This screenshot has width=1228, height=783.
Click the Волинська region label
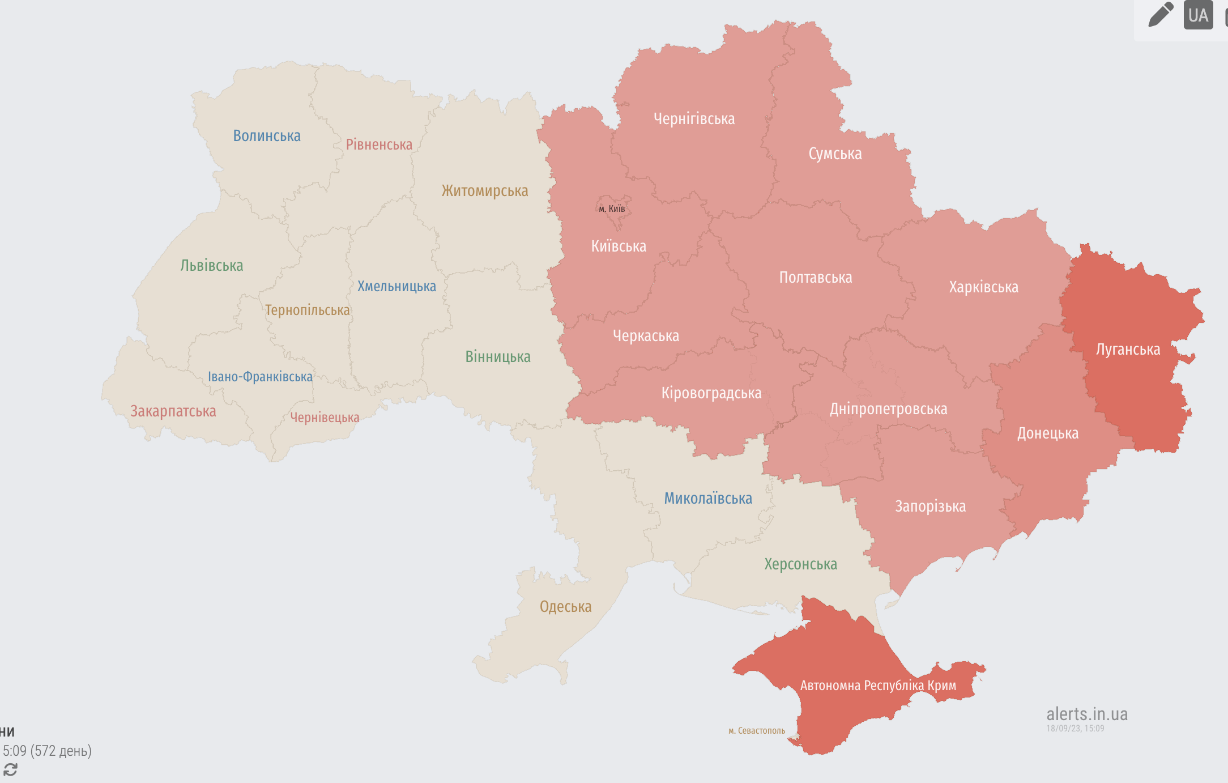pos(267,136)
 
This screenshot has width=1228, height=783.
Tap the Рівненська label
pos(379,145)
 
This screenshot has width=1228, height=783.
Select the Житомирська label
pos(485,191)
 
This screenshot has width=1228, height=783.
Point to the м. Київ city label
pos(612,209)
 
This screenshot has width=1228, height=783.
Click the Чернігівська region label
pos(694,119)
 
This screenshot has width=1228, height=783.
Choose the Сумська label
pos(835,154)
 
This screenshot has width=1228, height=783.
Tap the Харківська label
pos(983,287)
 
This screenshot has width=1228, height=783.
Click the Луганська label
pos(1128,350)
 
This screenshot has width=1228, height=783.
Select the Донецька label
pos(1047,433)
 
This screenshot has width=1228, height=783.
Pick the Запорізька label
pos(930,507)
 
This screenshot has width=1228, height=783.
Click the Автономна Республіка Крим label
pos(878,686)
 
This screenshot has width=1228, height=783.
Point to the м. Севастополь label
pos(757,731)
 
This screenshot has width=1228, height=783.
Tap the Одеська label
pos(565,607)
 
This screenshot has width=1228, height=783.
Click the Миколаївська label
pos(708,499)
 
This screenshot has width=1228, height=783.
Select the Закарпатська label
pos(173,411)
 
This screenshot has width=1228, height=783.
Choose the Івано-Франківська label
pos(260,377)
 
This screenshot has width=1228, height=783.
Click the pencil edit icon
pos(1160,15)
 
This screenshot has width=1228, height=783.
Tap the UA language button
pos(1198,15)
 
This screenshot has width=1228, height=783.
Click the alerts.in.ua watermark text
pos(1086,714)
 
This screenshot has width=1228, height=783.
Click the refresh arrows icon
pos(10,769)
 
